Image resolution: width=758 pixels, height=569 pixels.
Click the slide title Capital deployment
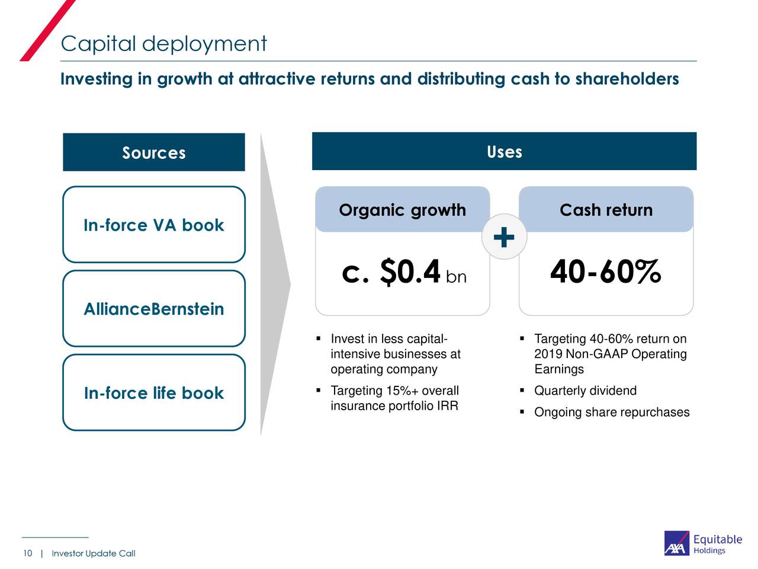(x=163, y=44)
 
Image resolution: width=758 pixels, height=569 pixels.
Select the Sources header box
(x=153, y=152)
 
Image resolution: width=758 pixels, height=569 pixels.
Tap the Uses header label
(x=504, y=152)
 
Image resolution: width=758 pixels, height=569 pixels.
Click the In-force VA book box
(x=154, y=225)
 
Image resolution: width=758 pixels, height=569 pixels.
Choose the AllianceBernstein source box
(x=154, y=309)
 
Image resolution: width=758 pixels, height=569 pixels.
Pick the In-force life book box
(x=154, y=393)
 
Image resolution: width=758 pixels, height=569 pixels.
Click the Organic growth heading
(x=402, y=210)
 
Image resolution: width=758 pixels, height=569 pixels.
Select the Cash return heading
(x=606, y=210)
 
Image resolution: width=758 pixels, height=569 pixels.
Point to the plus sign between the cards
(x=503, y=237)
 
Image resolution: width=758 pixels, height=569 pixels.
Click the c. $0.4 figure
(x=391, y=272)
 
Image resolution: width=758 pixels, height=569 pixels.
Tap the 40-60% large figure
(x=605, y=272)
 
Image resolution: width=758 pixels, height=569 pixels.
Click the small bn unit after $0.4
(x=456, y=277)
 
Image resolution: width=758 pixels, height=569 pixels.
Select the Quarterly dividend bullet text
(x=585, y=391)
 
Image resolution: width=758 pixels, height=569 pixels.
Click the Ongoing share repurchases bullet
(x=611, y=412)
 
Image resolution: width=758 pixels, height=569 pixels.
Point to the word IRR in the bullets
(x=447, y=406)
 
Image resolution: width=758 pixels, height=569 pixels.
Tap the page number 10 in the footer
(x=27, y=554)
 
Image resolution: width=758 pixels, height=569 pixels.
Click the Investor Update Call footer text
(x=94, y=554)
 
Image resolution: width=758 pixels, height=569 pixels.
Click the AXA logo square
(x=676, y=543)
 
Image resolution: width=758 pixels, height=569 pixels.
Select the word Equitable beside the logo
(x=717, y=539)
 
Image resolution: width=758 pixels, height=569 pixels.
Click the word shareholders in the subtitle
(x=627, y=79)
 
